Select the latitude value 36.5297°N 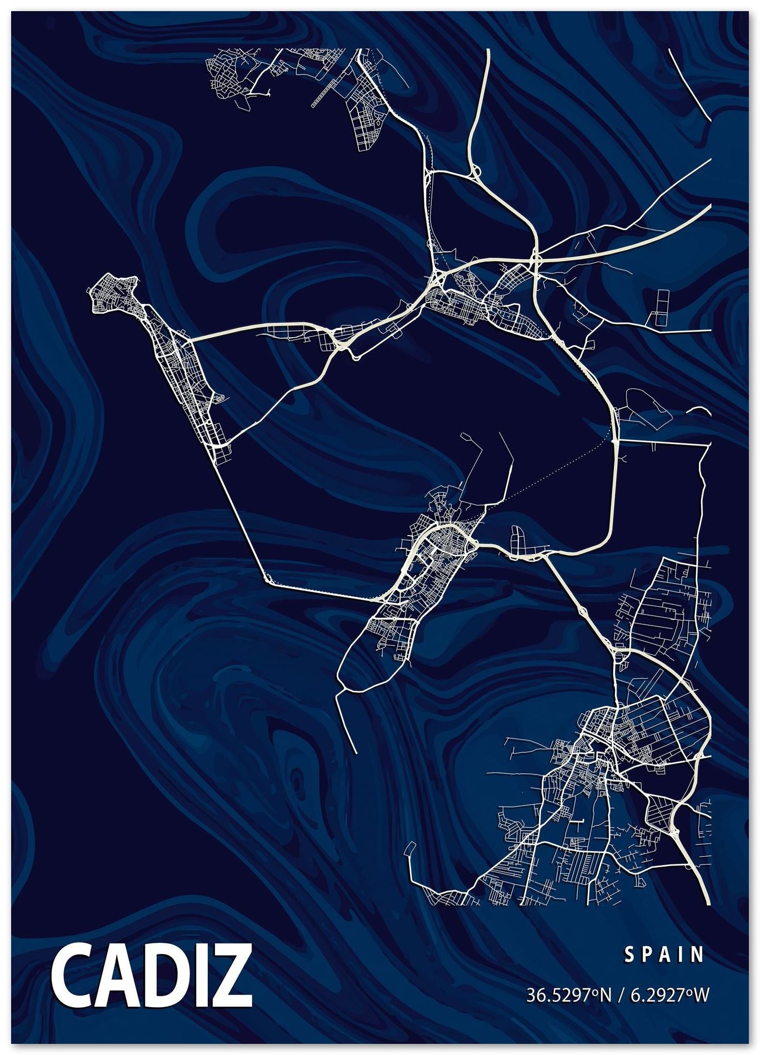click(568, 994)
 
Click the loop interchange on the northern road click(475, 172)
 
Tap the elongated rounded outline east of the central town click(517, 539)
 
